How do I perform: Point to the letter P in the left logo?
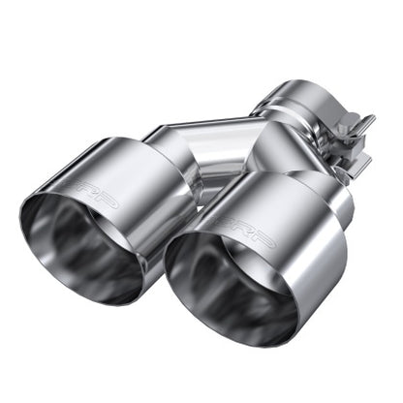point(114,202)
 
